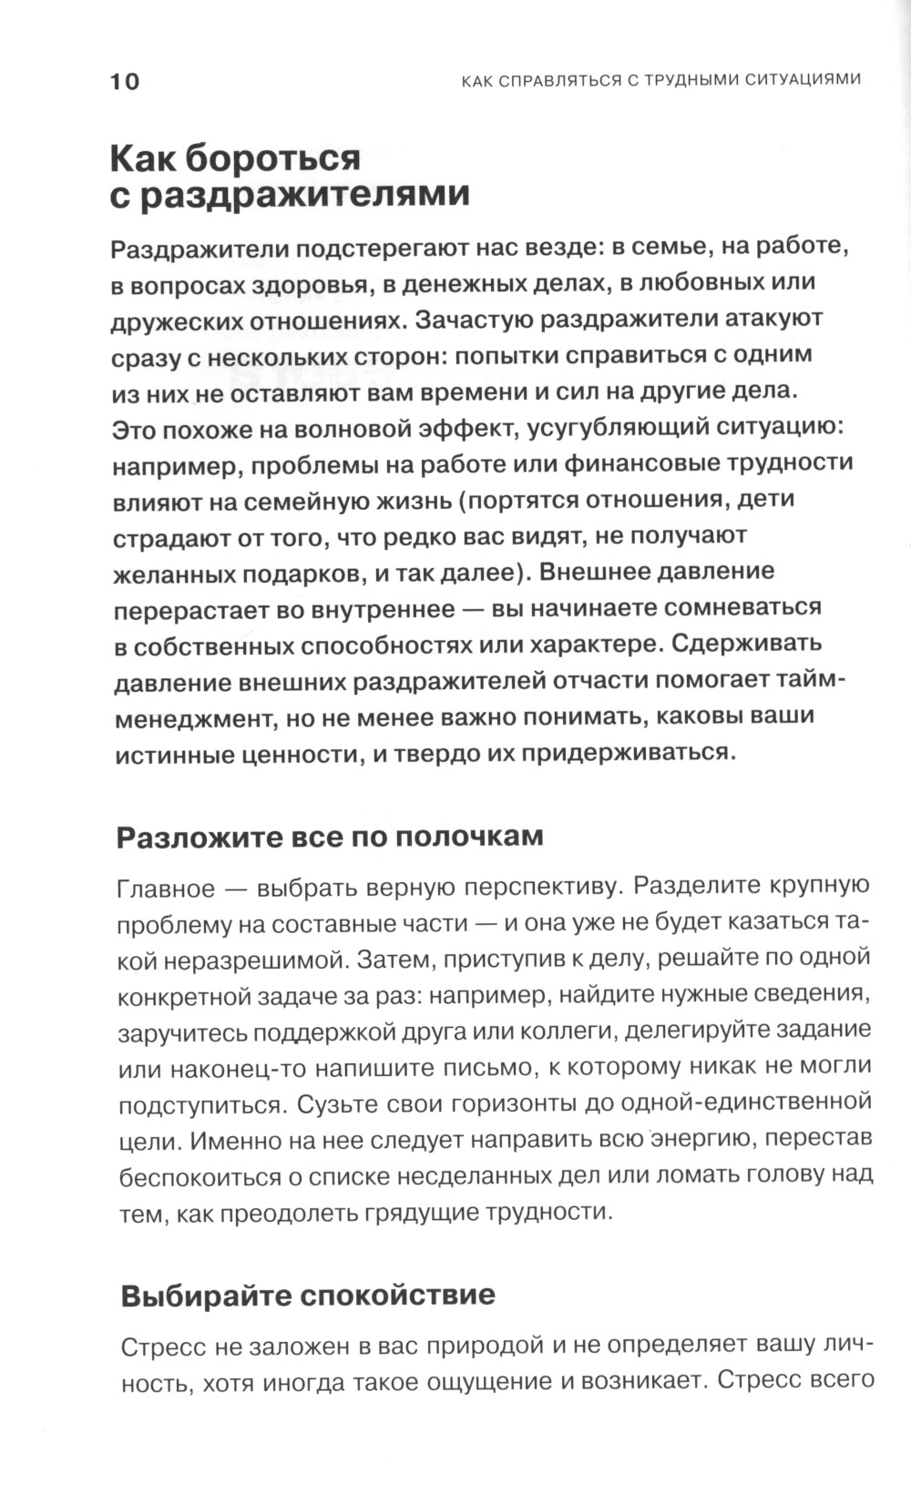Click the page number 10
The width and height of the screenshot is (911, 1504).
coord(125,82)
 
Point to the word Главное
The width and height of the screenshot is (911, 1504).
coord(167,889)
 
